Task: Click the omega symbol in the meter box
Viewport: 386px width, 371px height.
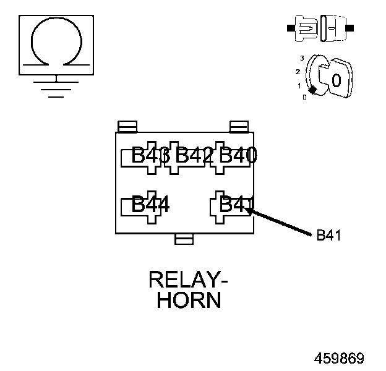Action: pyautogui.click(x=56, y=42)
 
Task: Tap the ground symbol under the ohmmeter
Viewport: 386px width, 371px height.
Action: pyautogui.click(x=56, y=87)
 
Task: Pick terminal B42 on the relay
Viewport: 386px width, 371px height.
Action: pyautogui.click(x=194, y=155)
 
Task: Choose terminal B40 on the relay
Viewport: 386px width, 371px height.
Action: pyautogui.click(x=238, y=155)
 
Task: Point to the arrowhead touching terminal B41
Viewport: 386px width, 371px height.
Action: pyautogui.click(x=249, y=210)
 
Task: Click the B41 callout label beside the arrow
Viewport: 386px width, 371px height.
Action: pyautogui.click(x=328, y=235)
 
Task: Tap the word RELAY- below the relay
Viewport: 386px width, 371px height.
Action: pyautogui.click(x=188, y=280)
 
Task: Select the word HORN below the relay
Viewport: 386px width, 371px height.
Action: pyautogui.click(x=189, y=301)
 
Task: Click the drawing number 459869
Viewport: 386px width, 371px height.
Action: pyautogui.click(x=339, y=359)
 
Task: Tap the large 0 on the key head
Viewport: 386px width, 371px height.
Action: pyautogui.click(x=337, y=80)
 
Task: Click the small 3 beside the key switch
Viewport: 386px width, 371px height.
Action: pyautogui.click(x=301, y=58)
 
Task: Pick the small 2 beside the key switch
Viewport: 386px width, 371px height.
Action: pyautogui.click(x=298, y=72)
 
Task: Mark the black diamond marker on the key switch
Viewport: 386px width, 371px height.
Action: pyautogui.click(x=313, y=90)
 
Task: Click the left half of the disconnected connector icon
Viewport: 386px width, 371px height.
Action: pyautogui.click(x=304, y=28)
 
